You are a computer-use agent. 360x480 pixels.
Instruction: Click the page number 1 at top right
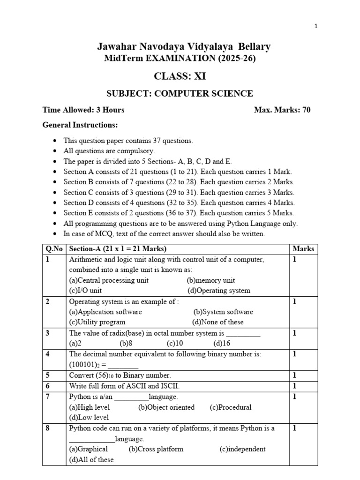pos(316,26)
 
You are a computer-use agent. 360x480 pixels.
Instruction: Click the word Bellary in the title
pos(254,47)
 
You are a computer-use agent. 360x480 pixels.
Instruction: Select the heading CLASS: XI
pos(180,76)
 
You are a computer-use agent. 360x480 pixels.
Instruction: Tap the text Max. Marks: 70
pos(282,110)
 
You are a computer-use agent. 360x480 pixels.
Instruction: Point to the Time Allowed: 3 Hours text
pos(83,110)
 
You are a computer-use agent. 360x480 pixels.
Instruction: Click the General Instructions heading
pos(80,125)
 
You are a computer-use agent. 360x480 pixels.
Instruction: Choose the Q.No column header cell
pos(54,249)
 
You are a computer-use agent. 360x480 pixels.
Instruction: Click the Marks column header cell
pos(303,249)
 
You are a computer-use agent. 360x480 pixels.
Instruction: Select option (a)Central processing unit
pos(109,280)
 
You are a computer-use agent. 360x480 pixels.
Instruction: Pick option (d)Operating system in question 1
pos(218,291)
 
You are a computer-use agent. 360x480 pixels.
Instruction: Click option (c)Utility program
pos(97,322)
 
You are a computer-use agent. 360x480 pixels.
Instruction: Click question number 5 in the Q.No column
pos(48,375)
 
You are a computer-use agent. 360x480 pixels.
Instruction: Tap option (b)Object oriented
pos(166,407)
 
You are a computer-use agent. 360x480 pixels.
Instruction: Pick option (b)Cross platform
pos(156,449)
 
